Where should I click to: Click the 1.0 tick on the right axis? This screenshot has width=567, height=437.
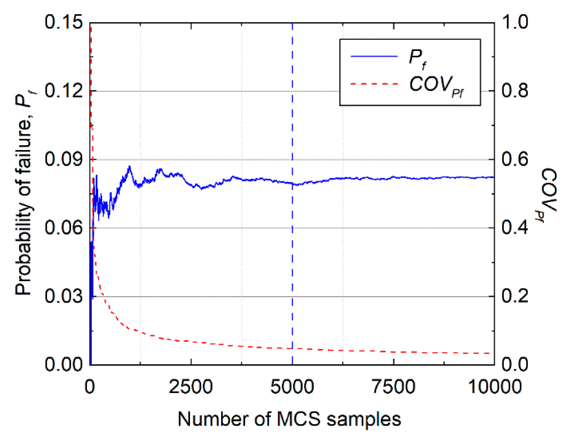coord(515,22)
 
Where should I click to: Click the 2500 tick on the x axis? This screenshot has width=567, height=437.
coord(191,387)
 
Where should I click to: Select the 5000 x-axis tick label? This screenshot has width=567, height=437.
coord(292,387)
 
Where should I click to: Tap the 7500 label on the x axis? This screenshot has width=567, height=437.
coord(393,387)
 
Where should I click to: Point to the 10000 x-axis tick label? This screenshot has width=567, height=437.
coord(495,387)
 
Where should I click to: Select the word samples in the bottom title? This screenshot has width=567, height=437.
coord(364,419)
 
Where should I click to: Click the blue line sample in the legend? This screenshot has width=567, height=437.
coord(374,56)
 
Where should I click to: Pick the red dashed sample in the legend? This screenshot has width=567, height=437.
coord(374,84)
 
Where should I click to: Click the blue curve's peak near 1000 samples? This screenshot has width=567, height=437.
coord(129,167)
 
